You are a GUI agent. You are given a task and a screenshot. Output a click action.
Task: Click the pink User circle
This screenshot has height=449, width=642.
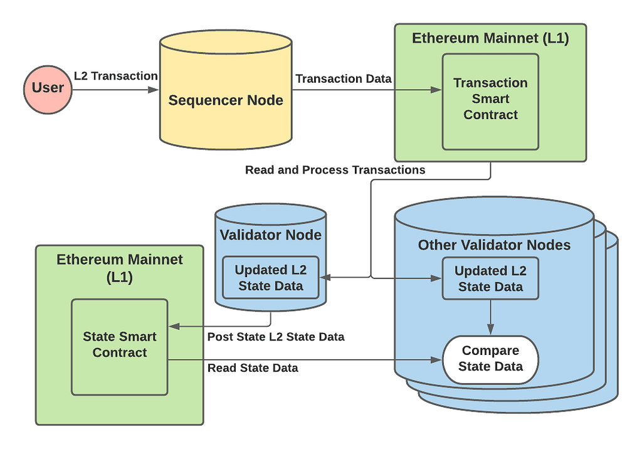48,90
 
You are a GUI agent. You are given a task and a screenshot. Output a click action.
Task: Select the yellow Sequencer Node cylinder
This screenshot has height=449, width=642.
226,90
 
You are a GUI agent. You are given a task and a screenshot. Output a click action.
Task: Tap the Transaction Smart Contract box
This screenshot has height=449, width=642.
490,102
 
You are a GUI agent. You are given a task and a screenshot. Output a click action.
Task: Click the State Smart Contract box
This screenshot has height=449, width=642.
120,347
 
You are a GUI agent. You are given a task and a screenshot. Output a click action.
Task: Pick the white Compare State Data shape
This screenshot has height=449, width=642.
490,360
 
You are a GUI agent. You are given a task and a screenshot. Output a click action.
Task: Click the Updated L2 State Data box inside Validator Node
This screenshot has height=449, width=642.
271,278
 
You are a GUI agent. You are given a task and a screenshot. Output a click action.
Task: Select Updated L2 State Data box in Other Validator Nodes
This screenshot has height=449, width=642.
490,278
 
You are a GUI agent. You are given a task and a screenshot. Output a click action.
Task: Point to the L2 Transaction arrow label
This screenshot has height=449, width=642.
116,77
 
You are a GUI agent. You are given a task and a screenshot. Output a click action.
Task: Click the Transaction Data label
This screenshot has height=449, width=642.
344,78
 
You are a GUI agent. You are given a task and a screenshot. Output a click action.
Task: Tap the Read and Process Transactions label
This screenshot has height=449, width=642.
335,170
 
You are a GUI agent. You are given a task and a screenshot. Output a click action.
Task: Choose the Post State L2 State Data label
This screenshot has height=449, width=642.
276,337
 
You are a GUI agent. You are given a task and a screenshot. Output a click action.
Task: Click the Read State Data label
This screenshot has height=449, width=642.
253,368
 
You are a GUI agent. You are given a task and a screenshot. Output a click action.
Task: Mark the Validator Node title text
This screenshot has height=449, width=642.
271,235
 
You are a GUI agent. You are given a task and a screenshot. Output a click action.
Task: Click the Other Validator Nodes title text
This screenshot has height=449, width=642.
494,245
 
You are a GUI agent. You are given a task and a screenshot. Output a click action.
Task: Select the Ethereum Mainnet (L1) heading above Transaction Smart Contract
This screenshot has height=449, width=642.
490,38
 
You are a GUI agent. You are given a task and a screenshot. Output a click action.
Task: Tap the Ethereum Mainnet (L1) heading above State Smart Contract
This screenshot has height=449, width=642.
120,268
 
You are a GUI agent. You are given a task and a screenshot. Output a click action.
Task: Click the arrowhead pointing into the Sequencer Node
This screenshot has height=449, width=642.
153,90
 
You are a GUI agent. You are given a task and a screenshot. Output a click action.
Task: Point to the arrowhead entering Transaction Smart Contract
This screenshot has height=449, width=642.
436,90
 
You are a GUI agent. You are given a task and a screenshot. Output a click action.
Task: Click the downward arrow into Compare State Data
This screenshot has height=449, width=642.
490,317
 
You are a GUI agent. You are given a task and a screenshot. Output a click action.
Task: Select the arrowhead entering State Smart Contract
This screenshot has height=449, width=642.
174,327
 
